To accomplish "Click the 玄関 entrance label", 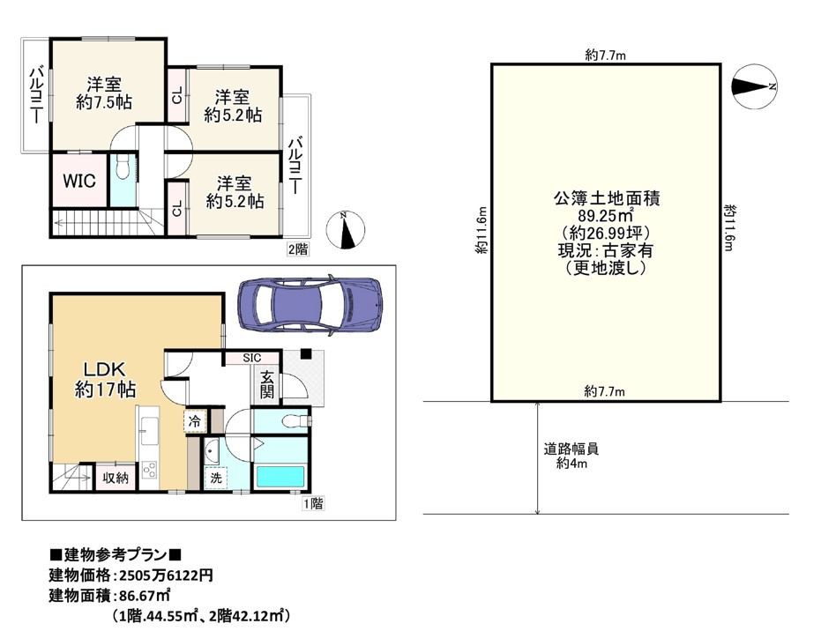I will click(266, 384).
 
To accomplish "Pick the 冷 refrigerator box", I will click(194, 422).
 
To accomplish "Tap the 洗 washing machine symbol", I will click(214, 477).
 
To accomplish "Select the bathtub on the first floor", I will click(280, 478).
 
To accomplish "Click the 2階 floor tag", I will click(297, 249).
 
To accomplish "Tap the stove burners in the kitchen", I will click(149, 470).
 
